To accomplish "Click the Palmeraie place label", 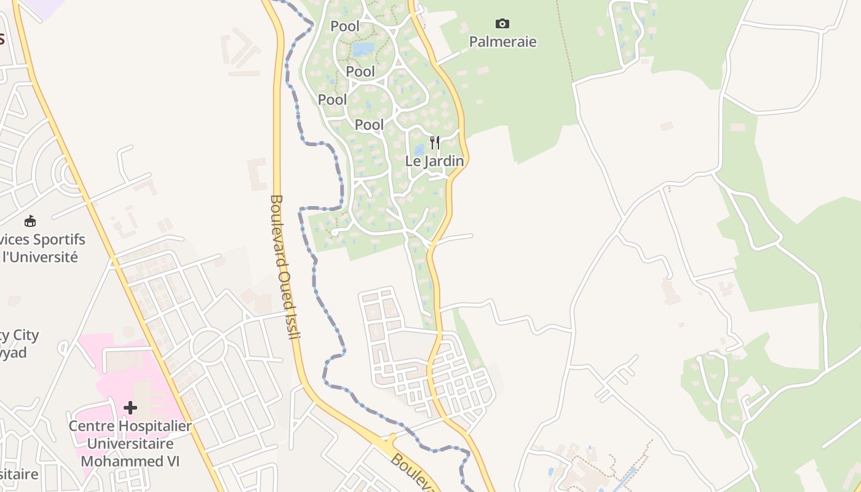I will point(502,42).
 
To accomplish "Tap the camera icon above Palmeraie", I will point(502,24).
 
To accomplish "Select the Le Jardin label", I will point(434,161).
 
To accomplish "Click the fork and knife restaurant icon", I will point(435,143).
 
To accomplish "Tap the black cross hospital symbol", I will point(130,408).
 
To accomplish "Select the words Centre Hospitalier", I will point(130,426).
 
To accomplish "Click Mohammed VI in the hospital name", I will point(130,461).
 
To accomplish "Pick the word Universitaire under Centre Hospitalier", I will point(130,443).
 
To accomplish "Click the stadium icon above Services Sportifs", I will point(30,221).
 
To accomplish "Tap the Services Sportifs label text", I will point(43,239).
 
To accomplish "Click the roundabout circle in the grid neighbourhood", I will point(208,346).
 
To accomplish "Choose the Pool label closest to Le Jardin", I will point(369,125).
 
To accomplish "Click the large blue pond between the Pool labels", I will point(363,49).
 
